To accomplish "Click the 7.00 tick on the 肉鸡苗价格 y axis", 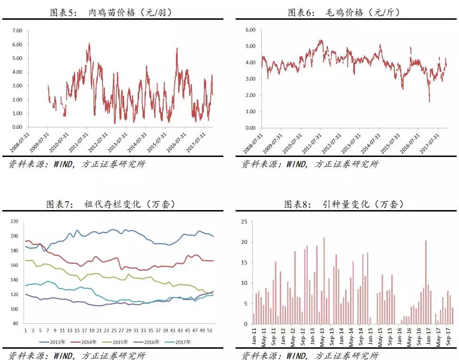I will (17, 31).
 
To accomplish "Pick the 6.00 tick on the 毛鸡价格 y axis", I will (250, 30).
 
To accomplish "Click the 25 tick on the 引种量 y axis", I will (245, 221).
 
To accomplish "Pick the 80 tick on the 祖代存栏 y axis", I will (15, 324).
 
